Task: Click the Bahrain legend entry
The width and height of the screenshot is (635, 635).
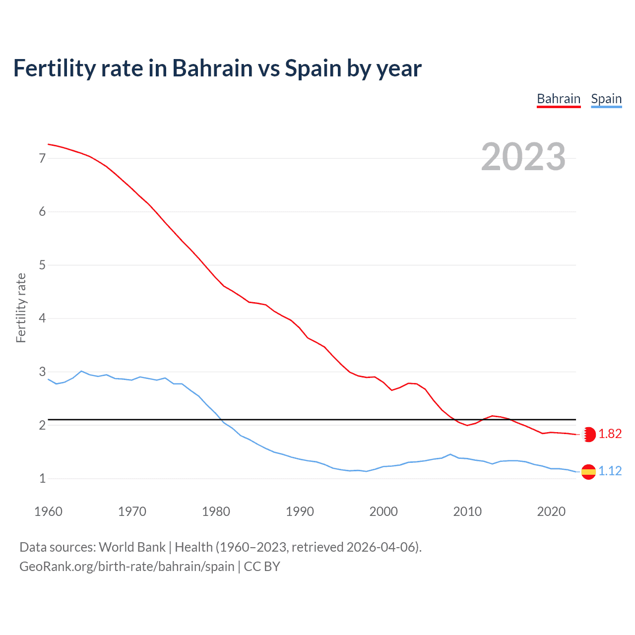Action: point(559,99)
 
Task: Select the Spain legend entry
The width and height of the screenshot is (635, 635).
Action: point(606,99)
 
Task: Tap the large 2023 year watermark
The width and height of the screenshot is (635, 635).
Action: point(523,157)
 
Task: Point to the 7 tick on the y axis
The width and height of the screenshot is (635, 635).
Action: point(42,158)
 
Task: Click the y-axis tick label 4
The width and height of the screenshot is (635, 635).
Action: point(42,318)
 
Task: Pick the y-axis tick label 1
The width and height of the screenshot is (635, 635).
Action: point(42,478)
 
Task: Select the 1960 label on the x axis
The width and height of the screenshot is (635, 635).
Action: point(48,511)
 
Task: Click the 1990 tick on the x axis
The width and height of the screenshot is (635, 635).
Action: point(300,511)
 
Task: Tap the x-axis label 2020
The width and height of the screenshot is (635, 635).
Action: point(551,511)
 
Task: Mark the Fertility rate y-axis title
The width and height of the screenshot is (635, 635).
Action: point(21,308)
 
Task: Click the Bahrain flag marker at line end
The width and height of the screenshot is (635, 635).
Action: point(589,435)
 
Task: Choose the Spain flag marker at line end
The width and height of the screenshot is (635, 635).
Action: point(588,471)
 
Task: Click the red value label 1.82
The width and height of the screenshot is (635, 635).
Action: point(610,434)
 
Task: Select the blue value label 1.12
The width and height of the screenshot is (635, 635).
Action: point(610,471)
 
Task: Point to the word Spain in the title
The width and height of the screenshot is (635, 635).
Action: point(313,68)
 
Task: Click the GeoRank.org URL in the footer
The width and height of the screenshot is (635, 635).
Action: point(127,567)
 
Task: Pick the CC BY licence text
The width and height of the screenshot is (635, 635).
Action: point(262,567)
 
